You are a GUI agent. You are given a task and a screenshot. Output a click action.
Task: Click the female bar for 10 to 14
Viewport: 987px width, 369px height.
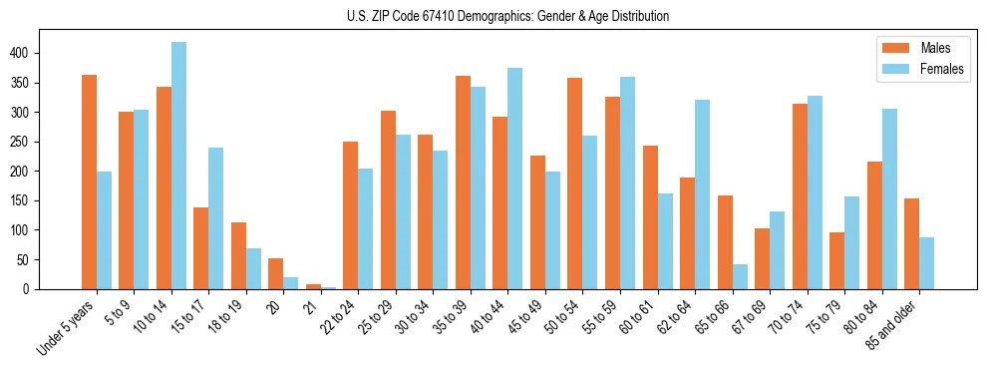[178, 166]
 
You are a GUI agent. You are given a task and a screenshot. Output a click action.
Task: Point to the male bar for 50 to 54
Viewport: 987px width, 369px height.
[575, 184]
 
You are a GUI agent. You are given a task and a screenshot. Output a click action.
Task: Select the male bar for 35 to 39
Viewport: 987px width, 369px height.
[463, 183]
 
